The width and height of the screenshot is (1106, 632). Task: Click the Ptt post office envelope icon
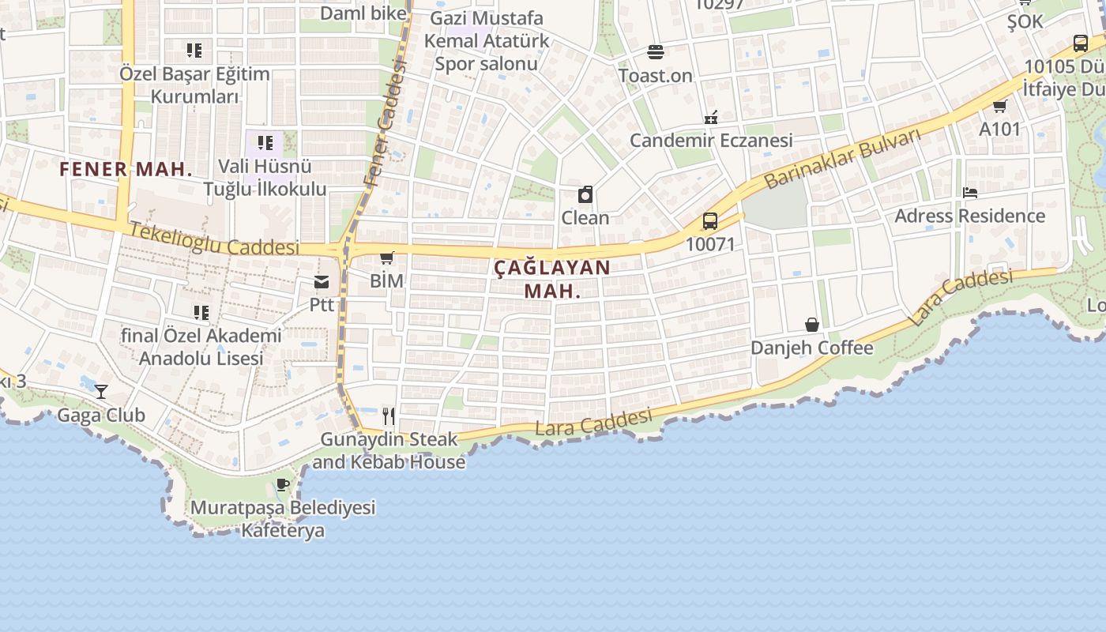(x=322, y=282)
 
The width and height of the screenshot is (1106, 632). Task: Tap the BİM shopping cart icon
(x=387, y=258)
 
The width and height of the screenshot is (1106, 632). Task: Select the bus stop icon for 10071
(x=710, y=221)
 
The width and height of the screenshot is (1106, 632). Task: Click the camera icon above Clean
(x=585, y=194)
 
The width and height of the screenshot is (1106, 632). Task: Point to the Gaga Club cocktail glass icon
(x=101, y=391)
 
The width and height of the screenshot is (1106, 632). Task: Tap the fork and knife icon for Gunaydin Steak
(x=388, y=416)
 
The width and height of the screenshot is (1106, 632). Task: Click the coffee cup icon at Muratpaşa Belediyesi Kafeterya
(x=283, y=484)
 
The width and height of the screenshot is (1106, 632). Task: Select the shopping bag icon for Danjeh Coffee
(x=811, y=325)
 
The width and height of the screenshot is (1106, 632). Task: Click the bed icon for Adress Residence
(x=970, y=193)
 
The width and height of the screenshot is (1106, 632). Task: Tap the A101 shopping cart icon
(x=1000, y=106)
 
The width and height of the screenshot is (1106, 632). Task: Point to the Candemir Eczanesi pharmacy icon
(x=711, y=118)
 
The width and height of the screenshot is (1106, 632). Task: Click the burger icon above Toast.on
(x=655, y=52)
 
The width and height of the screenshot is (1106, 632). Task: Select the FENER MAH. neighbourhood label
(x=126, y=169)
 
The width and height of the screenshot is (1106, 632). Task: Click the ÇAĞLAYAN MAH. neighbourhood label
(x=552, y=279)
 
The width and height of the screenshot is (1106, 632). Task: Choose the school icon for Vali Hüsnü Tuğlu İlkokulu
(x=265, y=143)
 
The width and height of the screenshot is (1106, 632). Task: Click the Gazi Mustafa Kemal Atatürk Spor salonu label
(x=486, y=40)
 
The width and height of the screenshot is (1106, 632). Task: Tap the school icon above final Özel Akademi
(x=201, y=313)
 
